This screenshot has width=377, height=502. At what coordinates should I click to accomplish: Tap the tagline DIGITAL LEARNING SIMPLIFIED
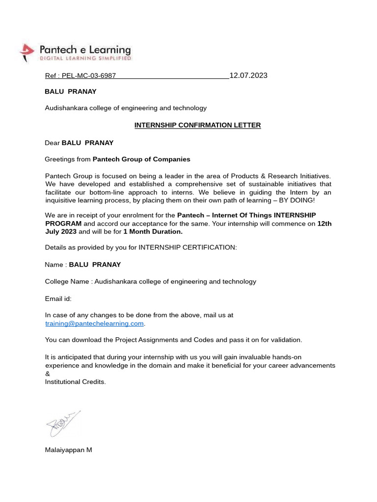[85, 58]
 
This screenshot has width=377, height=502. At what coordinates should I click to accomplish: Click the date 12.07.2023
[248, 75]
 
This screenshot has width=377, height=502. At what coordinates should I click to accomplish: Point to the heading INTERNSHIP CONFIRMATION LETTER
[198, 125]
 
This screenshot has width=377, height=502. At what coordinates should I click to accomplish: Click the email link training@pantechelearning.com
[94, 324]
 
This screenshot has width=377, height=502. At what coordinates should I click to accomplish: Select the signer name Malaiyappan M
[68, 450]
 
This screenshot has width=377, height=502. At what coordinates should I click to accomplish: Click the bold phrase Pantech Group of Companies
[141, 159]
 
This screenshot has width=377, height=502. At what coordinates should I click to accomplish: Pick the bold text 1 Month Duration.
[153, 232]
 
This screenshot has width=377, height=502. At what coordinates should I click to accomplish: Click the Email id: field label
[58, 299]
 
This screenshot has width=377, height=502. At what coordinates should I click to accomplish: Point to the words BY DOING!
[297, 201]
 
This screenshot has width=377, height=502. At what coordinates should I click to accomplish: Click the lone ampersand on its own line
[47, 374]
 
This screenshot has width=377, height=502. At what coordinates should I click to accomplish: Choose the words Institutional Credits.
[75, 381]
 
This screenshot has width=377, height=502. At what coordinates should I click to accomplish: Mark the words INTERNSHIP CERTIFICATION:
[188, 248]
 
